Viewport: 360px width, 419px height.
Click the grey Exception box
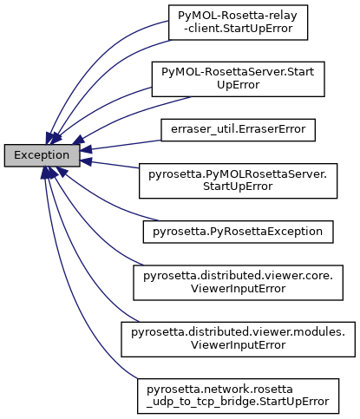(x=43, y=155)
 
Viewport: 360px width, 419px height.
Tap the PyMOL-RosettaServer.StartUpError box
(x=238, y=79)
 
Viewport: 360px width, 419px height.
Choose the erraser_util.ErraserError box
(x=238, y=129)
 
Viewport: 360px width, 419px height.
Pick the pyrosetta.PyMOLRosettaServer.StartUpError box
(x=238, y=179)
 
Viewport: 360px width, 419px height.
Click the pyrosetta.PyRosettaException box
(x=238, y=232)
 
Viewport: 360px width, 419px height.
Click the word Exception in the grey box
(x=43, y=155)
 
